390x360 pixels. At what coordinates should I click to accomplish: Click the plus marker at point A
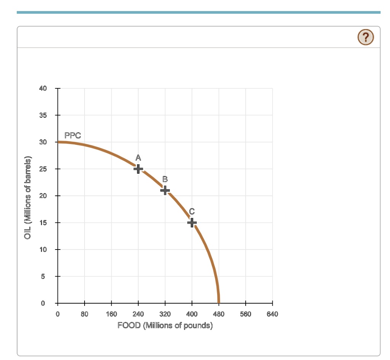click(138, 168)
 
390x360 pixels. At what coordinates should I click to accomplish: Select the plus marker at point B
click(165, 190)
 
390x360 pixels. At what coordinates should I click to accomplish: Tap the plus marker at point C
click(192, 222)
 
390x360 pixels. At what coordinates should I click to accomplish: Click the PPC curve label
click(72, 135)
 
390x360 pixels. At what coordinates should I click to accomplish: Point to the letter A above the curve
click(138, 157)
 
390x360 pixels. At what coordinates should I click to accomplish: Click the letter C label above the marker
click(192, 211)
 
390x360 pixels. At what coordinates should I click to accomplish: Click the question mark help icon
click(366, 37)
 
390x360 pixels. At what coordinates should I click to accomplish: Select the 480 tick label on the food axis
click(219, 314)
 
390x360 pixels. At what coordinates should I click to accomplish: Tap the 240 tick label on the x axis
click(138, 314)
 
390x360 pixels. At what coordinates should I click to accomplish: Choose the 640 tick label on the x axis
click(273, 314)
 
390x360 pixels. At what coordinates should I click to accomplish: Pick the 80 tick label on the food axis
click(85, 314)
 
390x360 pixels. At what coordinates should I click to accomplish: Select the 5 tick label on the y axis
click(43, 276)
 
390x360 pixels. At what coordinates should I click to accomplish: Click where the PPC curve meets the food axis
click(219, 302)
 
